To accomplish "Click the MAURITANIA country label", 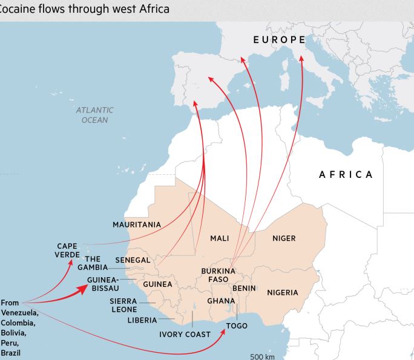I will (137, 224).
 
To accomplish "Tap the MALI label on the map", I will (219, 238).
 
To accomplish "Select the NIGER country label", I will (284, 238).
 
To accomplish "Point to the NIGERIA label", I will (283, 293).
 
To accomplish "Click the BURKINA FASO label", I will (218, 275).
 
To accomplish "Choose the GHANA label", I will (221, 301).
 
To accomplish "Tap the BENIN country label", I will (244, 289).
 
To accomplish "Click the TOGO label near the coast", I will (237, 326).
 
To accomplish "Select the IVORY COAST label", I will (185, 334).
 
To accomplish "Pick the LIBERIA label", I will (142, 320).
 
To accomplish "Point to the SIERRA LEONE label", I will (123, 305).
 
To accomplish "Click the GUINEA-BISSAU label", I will (102, 284).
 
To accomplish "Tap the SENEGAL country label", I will (133, 260).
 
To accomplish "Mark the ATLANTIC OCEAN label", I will (95, 115).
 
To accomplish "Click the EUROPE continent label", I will (279, 39).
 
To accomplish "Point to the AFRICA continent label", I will (346, 174).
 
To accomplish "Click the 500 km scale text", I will (262, 356).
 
